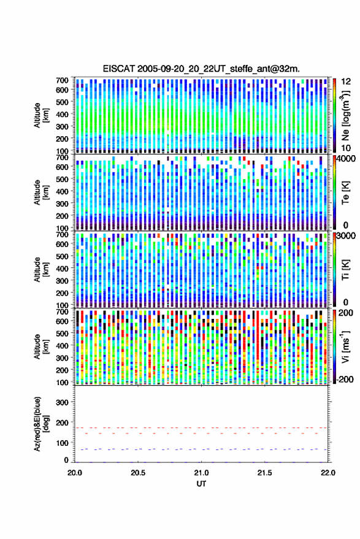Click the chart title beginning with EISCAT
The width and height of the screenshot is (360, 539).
(201, 69)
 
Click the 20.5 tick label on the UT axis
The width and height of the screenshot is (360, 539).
(138, 473)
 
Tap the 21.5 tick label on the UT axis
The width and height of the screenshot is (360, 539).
(264, 473)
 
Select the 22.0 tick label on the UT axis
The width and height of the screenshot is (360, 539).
(327, 473)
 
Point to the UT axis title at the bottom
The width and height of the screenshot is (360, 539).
(201, 484)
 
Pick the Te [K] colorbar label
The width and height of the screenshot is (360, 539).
(345, 193)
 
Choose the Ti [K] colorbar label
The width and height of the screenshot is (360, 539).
(345, 270)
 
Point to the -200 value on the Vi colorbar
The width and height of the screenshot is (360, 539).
(343, 379)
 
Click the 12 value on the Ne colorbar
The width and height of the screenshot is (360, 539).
(346, 82)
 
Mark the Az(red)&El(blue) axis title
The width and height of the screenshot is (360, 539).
(40, 424)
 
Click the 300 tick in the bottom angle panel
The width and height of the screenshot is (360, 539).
(62, 402)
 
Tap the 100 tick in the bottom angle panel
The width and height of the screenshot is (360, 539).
(62, 443)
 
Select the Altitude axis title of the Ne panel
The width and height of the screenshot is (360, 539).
(40, 115)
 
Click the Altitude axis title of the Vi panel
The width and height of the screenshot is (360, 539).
(40, 346)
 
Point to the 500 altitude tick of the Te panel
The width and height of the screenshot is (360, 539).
(62, 179)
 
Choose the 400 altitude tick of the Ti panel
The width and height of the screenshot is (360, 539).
(62, 268)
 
